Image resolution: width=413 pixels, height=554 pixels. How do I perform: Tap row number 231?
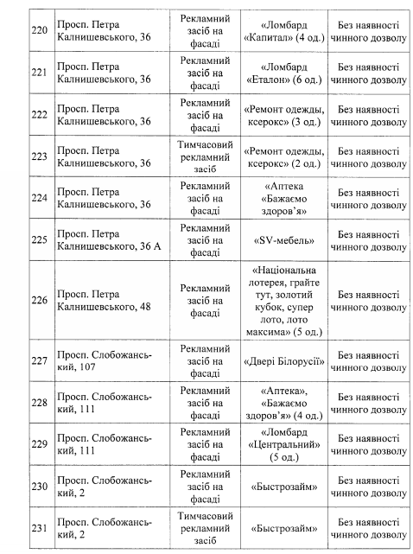point(37,527)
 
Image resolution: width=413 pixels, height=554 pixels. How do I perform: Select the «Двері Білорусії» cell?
point(285,360)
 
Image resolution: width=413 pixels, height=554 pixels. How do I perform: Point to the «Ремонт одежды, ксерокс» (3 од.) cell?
point(285,119)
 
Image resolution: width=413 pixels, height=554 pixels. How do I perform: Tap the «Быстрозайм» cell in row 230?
point(285,486)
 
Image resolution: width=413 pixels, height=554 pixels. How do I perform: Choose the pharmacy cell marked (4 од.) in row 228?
point(285,403)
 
